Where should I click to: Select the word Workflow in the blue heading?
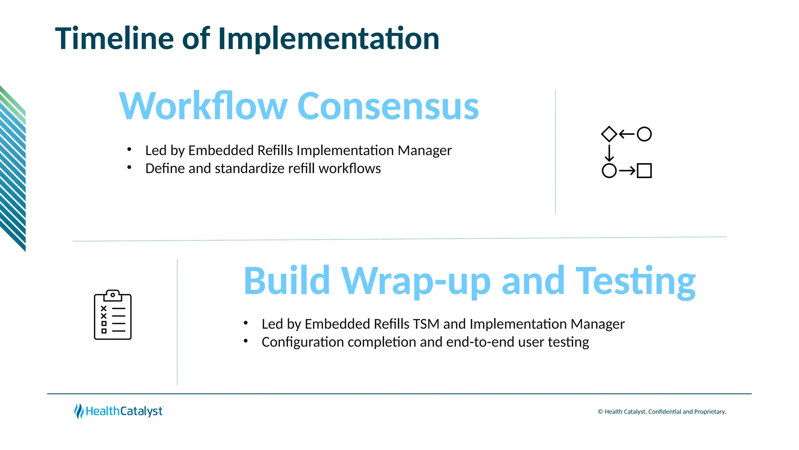pos(203,106)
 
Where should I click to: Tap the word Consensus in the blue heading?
pos(388,106)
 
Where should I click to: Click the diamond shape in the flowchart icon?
pos(609,134)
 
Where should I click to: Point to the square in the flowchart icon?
pos(644,171)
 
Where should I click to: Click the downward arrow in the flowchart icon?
pos(609,153)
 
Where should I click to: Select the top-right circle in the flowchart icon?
pos(644,134)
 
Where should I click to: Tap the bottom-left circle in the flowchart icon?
pos(609,171)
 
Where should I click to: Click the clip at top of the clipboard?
pos(113,295)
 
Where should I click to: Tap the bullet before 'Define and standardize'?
pos(129,167)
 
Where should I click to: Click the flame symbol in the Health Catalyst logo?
pos(79,411)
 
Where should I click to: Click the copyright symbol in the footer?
pos(600,412)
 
